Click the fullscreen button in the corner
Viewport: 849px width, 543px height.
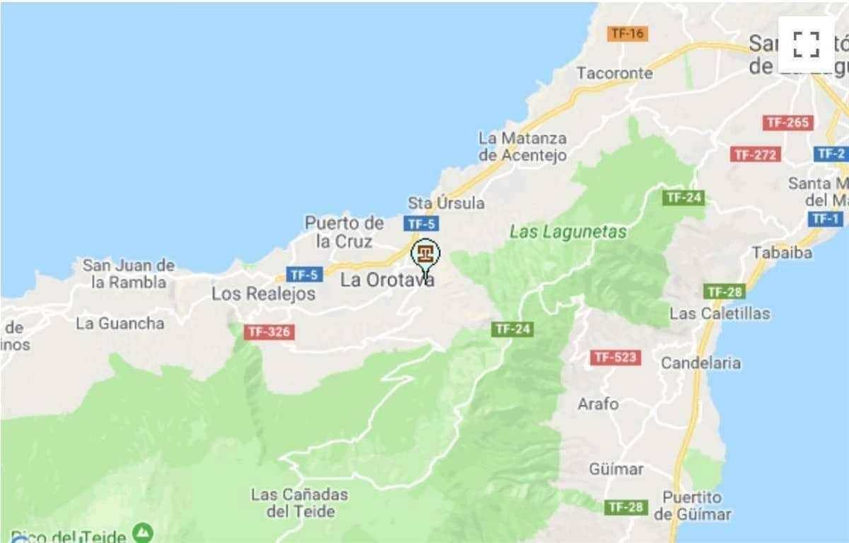806,45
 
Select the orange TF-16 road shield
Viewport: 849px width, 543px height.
628,33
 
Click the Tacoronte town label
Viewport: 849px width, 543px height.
614,73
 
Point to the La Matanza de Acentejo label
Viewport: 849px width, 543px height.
523,147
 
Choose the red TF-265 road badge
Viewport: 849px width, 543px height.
787,122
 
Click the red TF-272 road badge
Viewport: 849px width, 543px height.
756,154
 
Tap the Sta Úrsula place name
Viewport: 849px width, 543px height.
446,203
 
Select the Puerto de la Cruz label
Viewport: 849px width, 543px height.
345,232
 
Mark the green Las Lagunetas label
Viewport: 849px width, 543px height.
568,232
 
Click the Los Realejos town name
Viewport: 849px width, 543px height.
263,294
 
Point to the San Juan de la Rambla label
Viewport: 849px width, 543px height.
128,274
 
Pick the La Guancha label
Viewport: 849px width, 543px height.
120,324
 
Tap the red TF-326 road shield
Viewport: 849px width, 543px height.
269,331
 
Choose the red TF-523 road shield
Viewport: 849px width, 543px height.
616,358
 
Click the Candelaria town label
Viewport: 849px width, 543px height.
700,363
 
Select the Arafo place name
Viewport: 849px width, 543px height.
598,404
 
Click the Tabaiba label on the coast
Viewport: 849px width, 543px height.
782,253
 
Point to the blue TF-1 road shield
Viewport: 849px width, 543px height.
825,219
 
